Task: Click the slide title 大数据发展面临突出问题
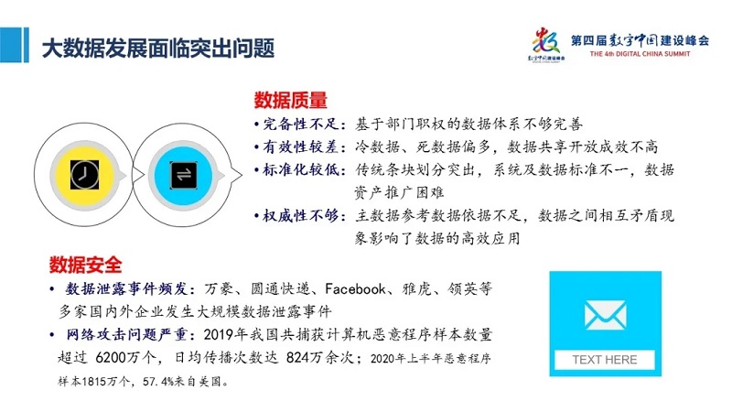(158, 49)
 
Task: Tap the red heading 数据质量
(290, 100)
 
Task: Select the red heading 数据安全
(85, 265)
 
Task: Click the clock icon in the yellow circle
(84, 175)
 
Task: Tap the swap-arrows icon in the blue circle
(183, 175)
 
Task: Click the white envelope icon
(605, 315)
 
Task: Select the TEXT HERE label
(605, 360)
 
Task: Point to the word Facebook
(355, 288)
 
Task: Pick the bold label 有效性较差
(301, 146)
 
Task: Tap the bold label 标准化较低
(301, 169)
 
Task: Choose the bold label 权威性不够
(301, 215)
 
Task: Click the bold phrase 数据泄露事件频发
(127, 288)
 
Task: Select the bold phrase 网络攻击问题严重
(127, 334)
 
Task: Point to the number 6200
(111, 358)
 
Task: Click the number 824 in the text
(298, 358)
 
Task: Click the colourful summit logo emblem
(546, 43)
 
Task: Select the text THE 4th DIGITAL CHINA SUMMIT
(640, 54)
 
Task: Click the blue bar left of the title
(15, 44)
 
